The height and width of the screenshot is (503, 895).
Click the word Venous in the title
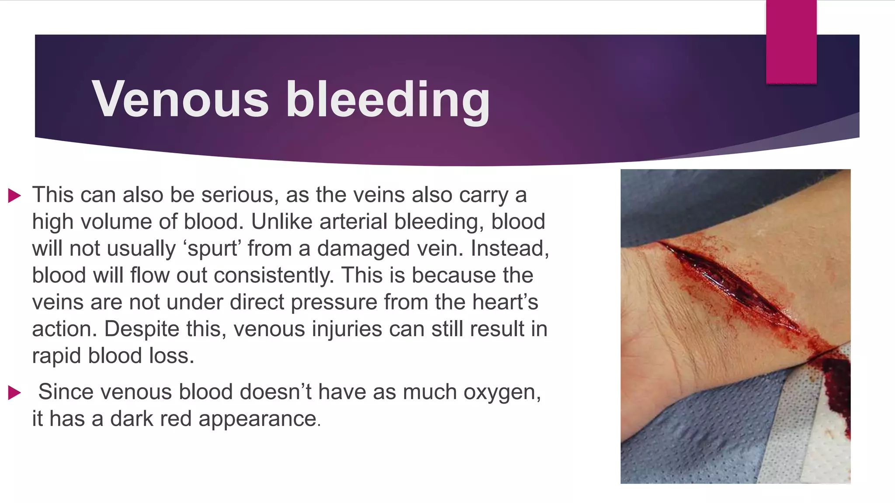pyautogui.click(x=180, y=99)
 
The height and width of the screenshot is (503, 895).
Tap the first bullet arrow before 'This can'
pyautogui.click(x=14, y=196)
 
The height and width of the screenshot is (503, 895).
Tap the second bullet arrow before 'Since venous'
pyautogui.click(x=14, y=393)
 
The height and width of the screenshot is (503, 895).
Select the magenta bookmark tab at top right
pyautogui.click(x=791, y=41)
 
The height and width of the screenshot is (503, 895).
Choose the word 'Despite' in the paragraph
pyautogui.click(x=142, y=329)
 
